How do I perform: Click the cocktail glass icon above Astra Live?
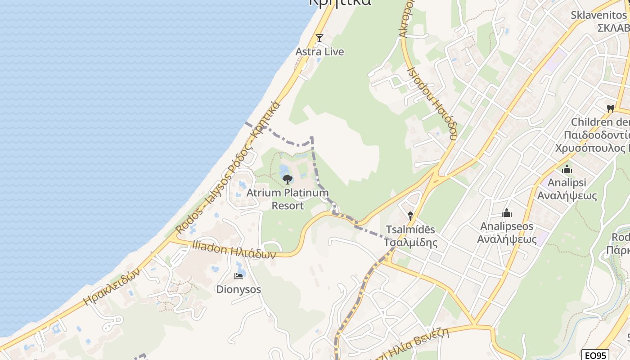[x=319, y=38]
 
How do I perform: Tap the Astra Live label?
[x=319, y=52]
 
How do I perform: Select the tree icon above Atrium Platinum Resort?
[x=288, y=180]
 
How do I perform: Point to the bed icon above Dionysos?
[x=238, y=276]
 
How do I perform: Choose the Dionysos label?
[x=238, y=289]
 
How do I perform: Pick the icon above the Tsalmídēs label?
[x=410, y=216]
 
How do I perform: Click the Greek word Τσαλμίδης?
[x=410, y=243]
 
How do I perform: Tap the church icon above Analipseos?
[x=507, y=212]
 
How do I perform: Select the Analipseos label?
[x=507, y=226]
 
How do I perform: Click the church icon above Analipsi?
[x=567, y=170]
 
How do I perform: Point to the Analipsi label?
[x=567, y=183]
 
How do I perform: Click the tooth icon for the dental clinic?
[x=611, y=108]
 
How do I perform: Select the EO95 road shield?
[x=594, y=355]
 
